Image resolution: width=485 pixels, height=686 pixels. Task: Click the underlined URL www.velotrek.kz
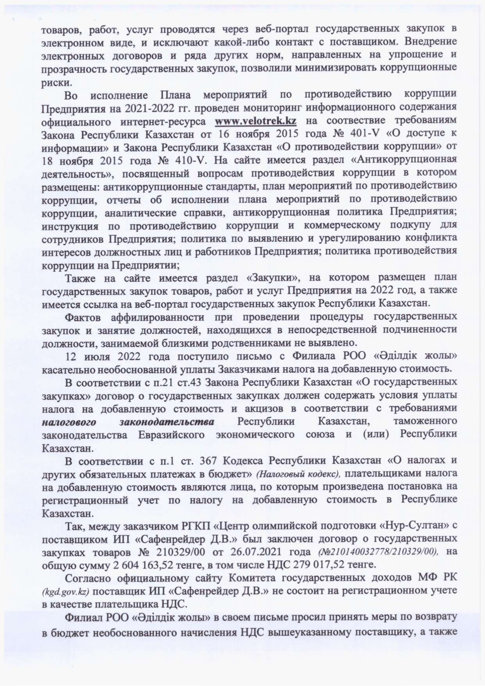(255, 121)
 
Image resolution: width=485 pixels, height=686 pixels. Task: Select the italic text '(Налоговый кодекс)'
(298, 474)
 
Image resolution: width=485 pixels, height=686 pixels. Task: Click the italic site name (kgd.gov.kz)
(66, 591)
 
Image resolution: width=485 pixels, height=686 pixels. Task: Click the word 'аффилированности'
(158, 317)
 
